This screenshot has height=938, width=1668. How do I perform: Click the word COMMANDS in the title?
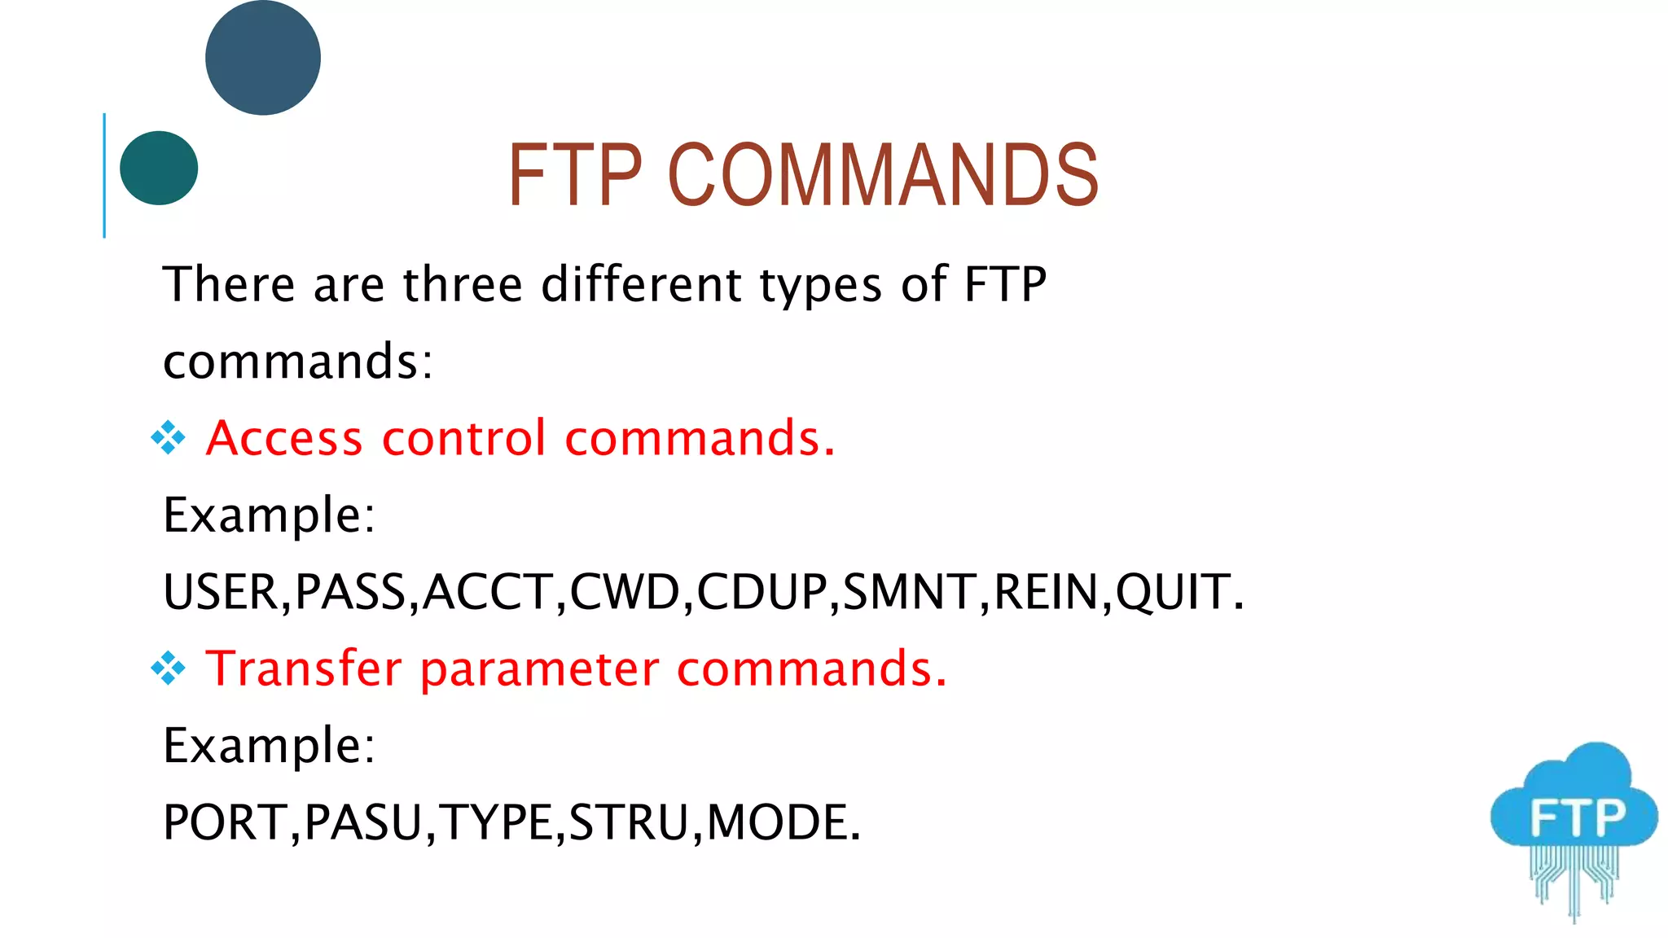click(883, 174)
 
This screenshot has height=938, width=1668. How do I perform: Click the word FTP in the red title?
click(575, 174)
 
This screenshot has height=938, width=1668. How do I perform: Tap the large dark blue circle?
click(262, 58)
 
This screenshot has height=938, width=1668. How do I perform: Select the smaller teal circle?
click(159, 168)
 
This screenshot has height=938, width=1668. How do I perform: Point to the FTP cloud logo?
click(1574, 822)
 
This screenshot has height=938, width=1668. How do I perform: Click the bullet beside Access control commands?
click(169, 438)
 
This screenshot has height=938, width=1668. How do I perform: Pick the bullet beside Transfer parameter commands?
click(169, 668)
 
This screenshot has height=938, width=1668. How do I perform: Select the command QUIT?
click(1173, 592)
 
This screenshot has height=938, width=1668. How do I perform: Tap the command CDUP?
click(762, 592)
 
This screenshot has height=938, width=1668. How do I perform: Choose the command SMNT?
click(910, 592)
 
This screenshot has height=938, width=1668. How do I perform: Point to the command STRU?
click(628, 822)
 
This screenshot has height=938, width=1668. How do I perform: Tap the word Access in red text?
click(284, 438)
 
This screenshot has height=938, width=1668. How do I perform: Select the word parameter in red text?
click(539, 670)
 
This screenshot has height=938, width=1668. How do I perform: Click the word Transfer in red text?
click(304, 668)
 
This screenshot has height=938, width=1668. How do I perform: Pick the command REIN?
click(1047, 592)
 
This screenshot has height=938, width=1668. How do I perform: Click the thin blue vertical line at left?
click(104, 175)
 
